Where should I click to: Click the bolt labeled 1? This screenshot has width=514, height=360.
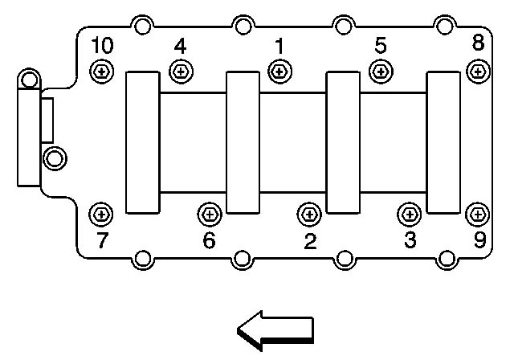[279, 72]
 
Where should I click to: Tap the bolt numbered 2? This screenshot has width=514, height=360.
[308, 214]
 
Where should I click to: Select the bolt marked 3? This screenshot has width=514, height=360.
[410, 214]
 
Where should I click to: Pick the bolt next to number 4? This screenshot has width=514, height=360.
[180, 72]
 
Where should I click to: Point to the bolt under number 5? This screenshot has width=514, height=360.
[381, 72]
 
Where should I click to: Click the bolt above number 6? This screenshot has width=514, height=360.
[208, 214]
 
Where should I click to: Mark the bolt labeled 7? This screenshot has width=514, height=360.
[101, 214]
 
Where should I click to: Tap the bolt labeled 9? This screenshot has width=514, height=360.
[479, 214]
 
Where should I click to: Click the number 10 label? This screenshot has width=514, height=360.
[102, 46]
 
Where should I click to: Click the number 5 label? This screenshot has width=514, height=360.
[381, 46]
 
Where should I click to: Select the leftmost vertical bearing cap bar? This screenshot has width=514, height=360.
[143, 142]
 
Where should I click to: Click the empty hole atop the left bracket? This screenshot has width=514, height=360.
[29, 80]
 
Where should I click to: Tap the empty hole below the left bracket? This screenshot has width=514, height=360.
[54, 157]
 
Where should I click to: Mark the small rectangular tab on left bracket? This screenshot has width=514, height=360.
[47, 118]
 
